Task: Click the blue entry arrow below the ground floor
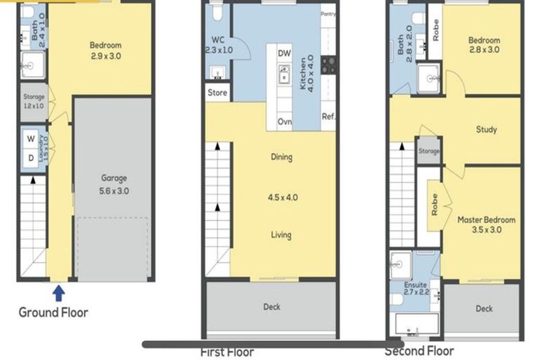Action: tap(59, 292)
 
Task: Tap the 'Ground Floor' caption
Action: tap(53, 311)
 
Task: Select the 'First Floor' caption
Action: tap(227, 352)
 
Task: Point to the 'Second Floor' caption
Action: tap(419, 350)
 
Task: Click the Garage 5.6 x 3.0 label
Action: tap(114, 185)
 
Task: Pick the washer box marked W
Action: tap(30, 139)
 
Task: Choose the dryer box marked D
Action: tap(30, 158)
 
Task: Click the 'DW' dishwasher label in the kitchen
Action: tap(284, 54)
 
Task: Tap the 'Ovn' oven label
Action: tap(284, 122)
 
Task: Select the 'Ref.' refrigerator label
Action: tap(328, 117)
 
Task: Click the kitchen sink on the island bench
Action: tap(284, 73)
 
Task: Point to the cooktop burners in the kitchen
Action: tap(328, 65)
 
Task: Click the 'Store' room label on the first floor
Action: tap(217, 92)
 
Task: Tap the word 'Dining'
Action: tap(281, 157)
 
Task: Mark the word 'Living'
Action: tap(281, 235)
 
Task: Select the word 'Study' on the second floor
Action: tap(487, 129)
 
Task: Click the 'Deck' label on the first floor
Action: tap(271, 307)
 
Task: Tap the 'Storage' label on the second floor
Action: tap(429, 151)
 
